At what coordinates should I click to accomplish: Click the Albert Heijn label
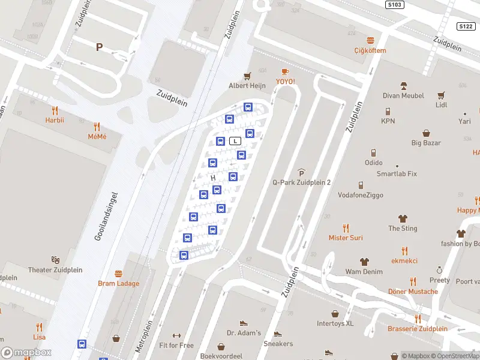247,86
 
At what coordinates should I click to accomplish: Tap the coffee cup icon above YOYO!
285,71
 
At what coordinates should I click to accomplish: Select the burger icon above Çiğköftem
370,40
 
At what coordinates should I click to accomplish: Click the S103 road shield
394,4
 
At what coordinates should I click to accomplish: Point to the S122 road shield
466,26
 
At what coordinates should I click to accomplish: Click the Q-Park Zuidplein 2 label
302,182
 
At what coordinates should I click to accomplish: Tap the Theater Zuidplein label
52,270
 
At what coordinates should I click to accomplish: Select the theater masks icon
55,260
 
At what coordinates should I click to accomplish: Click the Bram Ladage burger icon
118,274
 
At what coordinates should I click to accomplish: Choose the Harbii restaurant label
55,120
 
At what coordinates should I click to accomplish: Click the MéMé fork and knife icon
97,127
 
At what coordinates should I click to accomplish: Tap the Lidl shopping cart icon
442,95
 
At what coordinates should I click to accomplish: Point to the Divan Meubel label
403,95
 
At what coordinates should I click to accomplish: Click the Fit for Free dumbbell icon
176,336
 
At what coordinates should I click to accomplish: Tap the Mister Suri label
346,238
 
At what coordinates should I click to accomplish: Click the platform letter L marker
236,141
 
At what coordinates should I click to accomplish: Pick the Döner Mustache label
413,292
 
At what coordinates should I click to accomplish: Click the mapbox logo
25,353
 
